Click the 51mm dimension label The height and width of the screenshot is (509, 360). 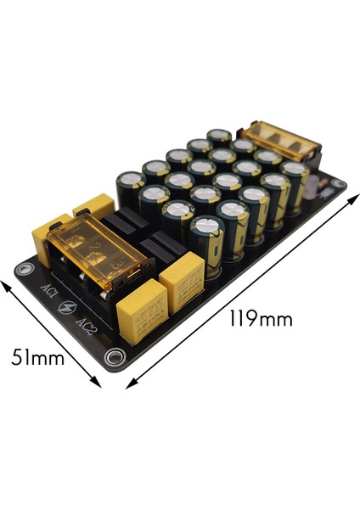(38, 358)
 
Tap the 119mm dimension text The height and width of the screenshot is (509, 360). (261, 319)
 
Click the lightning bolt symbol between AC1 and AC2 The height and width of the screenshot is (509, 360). (67, 310)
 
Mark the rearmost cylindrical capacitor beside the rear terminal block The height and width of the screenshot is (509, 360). (219, 138)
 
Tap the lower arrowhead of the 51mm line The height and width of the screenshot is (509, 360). (98, 385)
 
